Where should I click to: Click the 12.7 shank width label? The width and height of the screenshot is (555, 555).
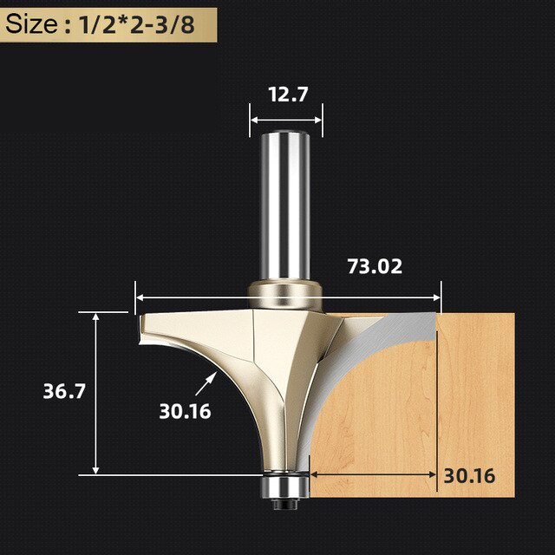click(x=288, y=95)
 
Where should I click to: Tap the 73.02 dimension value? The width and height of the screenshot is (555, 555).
click(x=375, y=266)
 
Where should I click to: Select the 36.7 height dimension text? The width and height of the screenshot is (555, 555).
click(x=64, y=391)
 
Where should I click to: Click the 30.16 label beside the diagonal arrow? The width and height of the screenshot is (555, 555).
click(x=185, y=411)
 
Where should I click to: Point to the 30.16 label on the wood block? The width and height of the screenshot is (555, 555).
click(x=469, y=476)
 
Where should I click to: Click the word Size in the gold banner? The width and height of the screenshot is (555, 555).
click(x=31, y=25)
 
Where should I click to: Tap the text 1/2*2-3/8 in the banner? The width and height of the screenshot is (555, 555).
click(x=137, y=25)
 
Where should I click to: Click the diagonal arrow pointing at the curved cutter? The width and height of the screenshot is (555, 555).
click(x=206, y=384)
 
